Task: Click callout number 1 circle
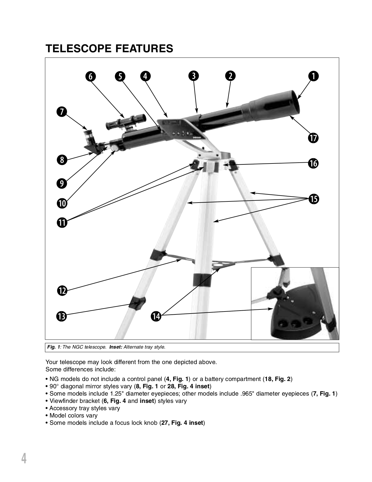313,76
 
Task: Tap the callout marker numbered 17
313,138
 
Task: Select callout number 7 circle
62,112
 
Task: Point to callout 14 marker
156,316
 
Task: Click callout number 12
62,290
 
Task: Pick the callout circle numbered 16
313,163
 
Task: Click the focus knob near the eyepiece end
113,148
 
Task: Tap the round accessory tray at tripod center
220,264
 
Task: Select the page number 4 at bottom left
24,458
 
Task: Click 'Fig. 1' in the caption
54,347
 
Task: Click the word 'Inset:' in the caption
116,347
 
